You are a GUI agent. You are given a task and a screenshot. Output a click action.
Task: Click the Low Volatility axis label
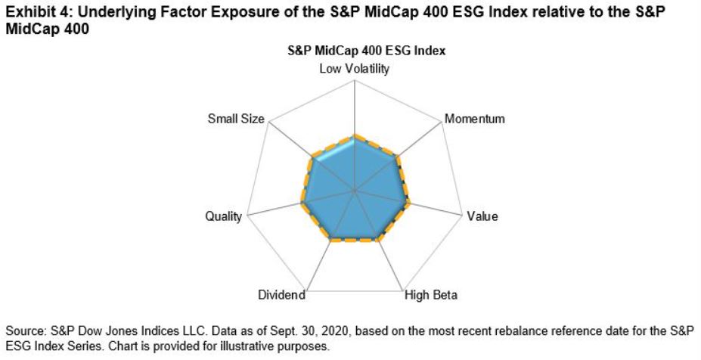click(x=355, y=70)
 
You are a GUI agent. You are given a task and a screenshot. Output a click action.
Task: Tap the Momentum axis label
click(x=474, y=119)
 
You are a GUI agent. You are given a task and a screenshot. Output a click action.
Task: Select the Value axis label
click(x=482, y=216)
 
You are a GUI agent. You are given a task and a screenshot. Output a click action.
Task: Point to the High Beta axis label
click(x=431, y=295)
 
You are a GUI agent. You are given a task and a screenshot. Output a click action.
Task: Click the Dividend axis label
click(x=281, y=295)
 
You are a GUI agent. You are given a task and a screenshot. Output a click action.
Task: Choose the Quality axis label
click(x=224, y=216)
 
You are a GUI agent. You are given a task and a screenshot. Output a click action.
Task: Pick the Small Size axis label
click(x=235, y=119)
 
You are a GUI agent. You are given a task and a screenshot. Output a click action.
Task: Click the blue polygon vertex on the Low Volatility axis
click(x=355, y=136)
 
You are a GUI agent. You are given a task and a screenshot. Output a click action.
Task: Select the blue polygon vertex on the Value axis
click(x=408, y=204)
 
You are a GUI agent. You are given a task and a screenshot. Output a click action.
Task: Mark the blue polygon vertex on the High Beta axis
click(x=379, y=240)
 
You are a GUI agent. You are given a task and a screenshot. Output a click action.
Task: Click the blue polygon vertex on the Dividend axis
click(x=331, y=240)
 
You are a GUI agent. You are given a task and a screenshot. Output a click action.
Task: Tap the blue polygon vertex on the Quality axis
click(x=302, y=204)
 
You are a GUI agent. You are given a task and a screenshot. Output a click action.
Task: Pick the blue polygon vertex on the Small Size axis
click(x=312, y=159)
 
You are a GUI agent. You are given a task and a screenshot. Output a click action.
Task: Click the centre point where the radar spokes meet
click(x=355, y=192)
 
